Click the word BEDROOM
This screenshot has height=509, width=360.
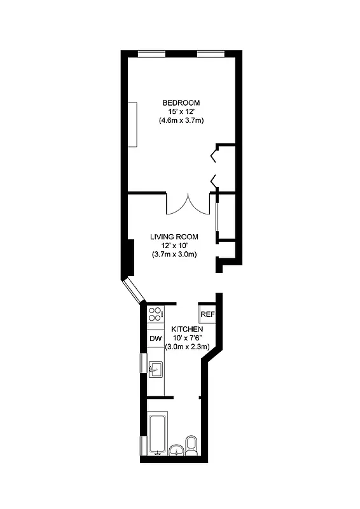pyautogui.click(x=181, y=103)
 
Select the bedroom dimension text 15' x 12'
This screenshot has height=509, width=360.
pyautogui.click(x=181, y=111)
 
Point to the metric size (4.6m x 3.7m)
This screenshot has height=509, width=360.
pyautogui.click(x=181, y=120)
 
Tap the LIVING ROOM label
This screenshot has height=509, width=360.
pyautogui.click(x=174, y=237)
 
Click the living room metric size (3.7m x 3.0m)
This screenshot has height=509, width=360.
pyautogui.click(x=174, y=254)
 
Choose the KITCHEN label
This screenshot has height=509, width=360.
pyautogui.click(x=187, y=329)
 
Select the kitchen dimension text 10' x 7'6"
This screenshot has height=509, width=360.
pyautogui.click(x=187, y=338)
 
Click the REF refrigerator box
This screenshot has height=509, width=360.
pyautogui.click(x=207, y=314)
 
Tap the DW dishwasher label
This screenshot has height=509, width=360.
pyautogui.click(x=155, y=339)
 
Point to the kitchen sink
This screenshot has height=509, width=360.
pyautogui.click(x=155, y=369)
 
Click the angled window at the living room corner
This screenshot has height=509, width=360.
pyautogui.click(x=135, y=289)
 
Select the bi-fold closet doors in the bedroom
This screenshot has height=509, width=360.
pyautogui.click(x=214, y=167)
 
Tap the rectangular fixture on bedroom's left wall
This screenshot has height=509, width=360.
pyautogui.click(x=132, y=124)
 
